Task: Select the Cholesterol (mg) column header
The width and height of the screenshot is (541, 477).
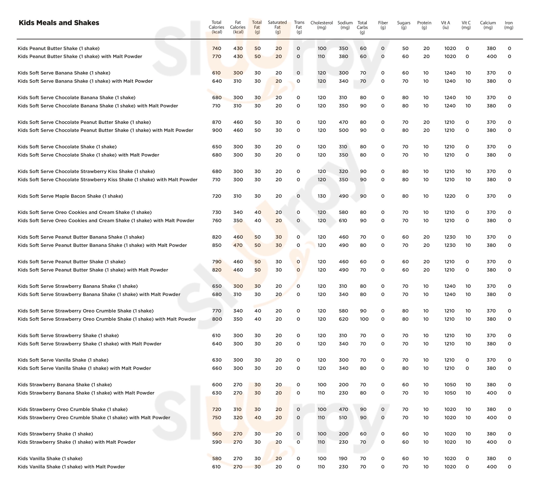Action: (321, 25)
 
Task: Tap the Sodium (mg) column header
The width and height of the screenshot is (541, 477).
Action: (345, 25)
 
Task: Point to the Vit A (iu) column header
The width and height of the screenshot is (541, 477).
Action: (446, 25)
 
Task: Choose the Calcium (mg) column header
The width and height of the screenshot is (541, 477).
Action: (488, 25)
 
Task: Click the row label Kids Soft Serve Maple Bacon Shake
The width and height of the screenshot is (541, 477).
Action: (70, 196)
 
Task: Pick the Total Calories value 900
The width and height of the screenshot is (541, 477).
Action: (217, 130)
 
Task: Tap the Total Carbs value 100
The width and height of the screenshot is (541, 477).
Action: (364, 319)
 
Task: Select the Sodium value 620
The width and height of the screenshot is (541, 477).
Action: (343, 319)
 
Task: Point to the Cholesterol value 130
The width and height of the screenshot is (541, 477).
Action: (322, 196)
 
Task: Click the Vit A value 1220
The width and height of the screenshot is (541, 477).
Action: (450, 196)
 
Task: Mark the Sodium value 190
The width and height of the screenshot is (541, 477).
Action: (343, 458)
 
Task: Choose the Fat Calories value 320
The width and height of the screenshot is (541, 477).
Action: (238, 418)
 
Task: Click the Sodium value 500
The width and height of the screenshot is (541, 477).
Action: (343, 130)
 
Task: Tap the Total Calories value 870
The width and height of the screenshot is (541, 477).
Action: (217, 122)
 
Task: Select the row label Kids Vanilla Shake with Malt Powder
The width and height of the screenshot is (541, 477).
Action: (71, 467)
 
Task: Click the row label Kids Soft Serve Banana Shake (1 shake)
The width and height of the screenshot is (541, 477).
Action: (64, 73)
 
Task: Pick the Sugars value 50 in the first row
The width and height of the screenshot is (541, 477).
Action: (405, 48)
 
